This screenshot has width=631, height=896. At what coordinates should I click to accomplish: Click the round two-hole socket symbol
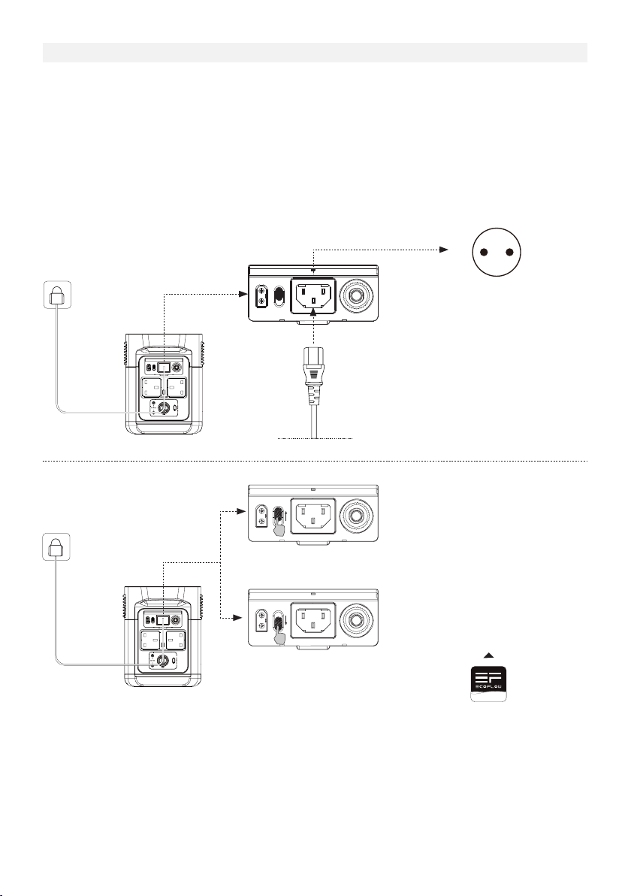coord(494,252)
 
